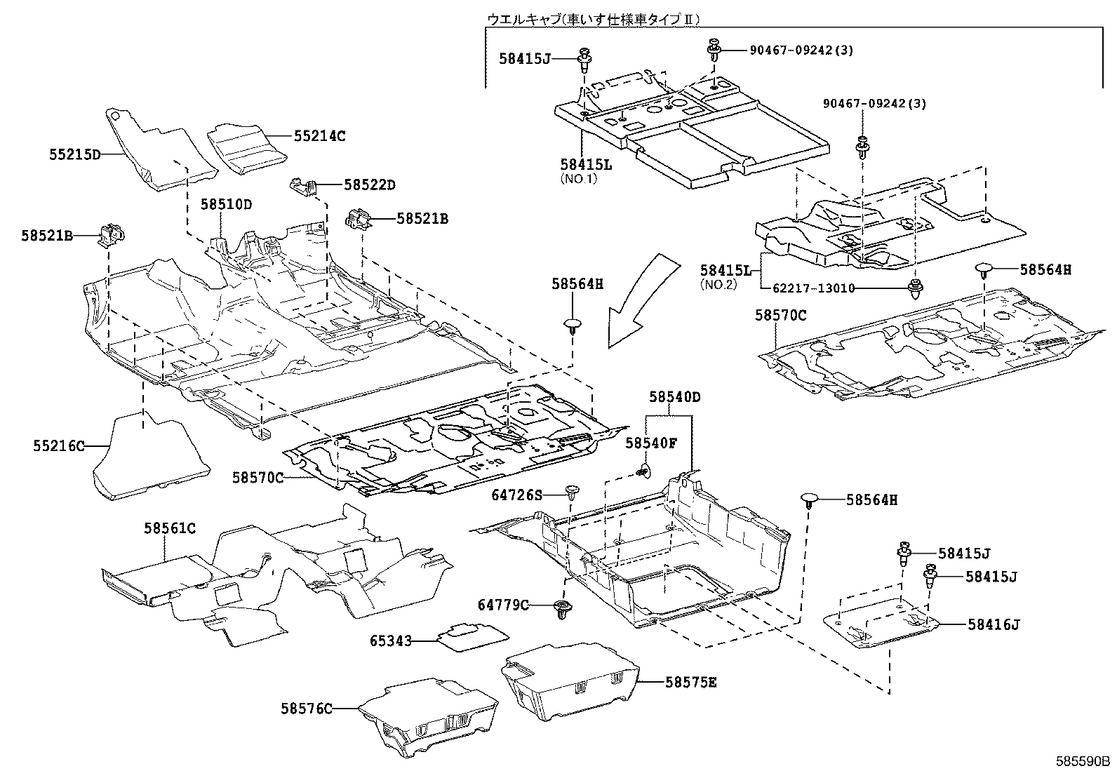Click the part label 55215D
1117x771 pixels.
pyautogui.click(x=75, y=154)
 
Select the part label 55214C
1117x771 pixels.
pyautogui.click(x=320, y=136)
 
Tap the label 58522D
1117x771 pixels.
pyautogui.click(x=370, y=185)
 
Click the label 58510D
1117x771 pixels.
pyautogui.click(x=226, y=204)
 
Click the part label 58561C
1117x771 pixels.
pyautogui.click(x=170, y=528)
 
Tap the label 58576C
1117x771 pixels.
pyautogui.click(x=307, y=709)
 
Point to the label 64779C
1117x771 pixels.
pyautogui.click(x=504, y=604)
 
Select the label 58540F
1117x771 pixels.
pyautogui.click(x=651, y=443)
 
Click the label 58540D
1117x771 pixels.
pyautogui.click(x=674, y=396)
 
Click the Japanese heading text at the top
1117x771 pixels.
pyautogui.click(x=594, y=20)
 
